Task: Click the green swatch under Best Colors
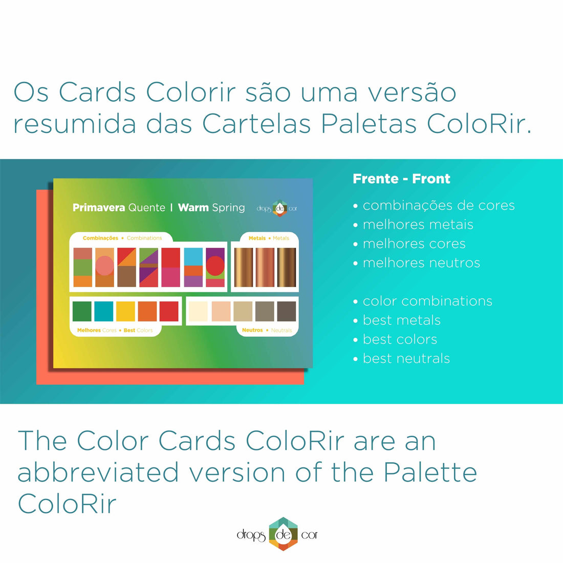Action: pyautogui.click(x=82, y=311)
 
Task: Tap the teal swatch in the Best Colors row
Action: pyautogui.click(x=104, y=311)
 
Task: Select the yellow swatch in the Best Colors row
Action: pyautogui.click(x=125, y=311)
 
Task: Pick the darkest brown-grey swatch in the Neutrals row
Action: pyautogui.click(x=287, y=311)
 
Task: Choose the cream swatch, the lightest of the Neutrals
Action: pyautogui.click(x=198, y=311)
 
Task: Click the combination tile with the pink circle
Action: pyautogui.click(x=104, y=267)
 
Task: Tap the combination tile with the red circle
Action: pyautogui.click(x=215, y=267)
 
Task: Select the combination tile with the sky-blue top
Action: pyautogui.click(x=193, y=267)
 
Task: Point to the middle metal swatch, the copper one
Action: pyautogui.click(x=265, y=267)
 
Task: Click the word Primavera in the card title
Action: pyautogui.click(x=99, y=207)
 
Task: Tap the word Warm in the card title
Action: pyautogui.click(x=193, y=207)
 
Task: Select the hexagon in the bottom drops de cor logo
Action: pyautogui.click(x=283, y=534)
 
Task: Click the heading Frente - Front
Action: pyautogui.click(x=401, y=179)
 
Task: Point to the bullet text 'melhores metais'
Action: pyautogui.click(x=418, y=224)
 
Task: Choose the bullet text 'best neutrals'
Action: pyautogui.click(x=406, y=358)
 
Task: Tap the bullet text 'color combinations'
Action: pyautogui.click(x=427, y=301)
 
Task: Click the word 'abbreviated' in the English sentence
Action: pyautogui.click(x=98, y=472)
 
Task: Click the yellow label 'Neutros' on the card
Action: pyautogui.click(x=252, y=330)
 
